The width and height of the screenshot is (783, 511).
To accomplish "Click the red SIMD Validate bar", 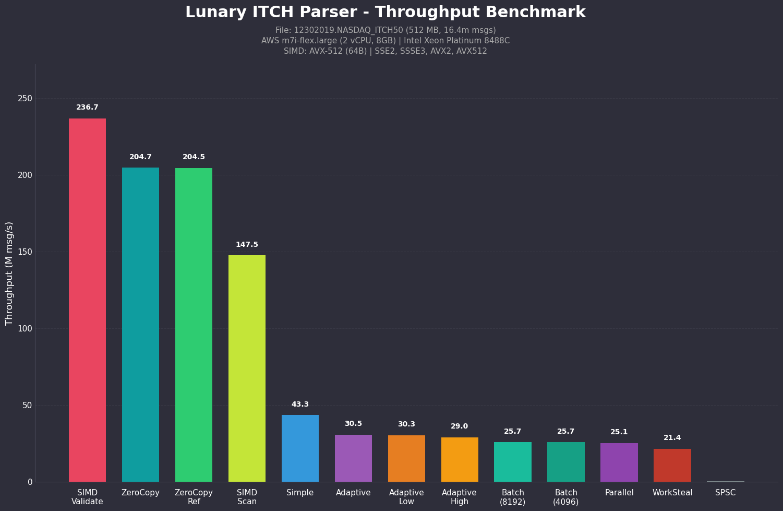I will point(87,300).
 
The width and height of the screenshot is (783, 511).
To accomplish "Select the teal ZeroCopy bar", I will point(140,324).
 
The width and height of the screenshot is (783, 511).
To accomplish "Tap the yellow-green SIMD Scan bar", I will point(247,368).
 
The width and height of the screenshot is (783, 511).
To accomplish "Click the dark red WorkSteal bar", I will point(672,465).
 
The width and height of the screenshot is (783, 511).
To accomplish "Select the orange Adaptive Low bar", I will point(406,458).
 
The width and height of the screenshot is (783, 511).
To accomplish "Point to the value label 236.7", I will point(87,108).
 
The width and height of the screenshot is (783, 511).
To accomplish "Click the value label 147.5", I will point(247,245).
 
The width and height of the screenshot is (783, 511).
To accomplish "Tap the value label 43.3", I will point(300,405).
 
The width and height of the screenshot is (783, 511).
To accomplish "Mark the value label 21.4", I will point(672,438).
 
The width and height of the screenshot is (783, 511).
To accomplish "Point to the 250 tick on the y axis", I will point(25,99).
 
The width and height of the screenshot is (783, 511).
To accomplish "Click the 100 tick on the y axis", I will point(25,329).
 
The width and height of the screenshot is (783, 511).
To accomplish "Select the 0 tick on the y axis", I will point(30,482).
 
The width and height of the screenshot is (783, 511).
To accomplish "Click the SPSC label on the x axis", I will point(725,493).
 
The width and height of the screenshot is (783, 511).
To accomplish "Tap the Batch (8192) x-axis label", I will point(512,497).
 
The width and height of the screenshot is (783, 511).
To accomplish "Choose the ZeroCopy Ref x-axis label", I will point(194,497).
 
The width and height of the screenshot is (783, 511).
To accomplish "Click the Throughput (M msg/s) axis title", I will point(9,273).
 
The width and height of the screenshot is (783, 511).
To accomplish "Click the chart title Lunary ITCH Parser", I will point(385,13).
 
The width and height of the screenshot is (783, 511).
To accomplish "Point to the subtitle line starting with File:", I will point(385,30).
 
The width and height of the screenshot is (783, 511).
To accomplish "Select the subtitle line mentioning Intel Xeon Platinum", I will point(385,41).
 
